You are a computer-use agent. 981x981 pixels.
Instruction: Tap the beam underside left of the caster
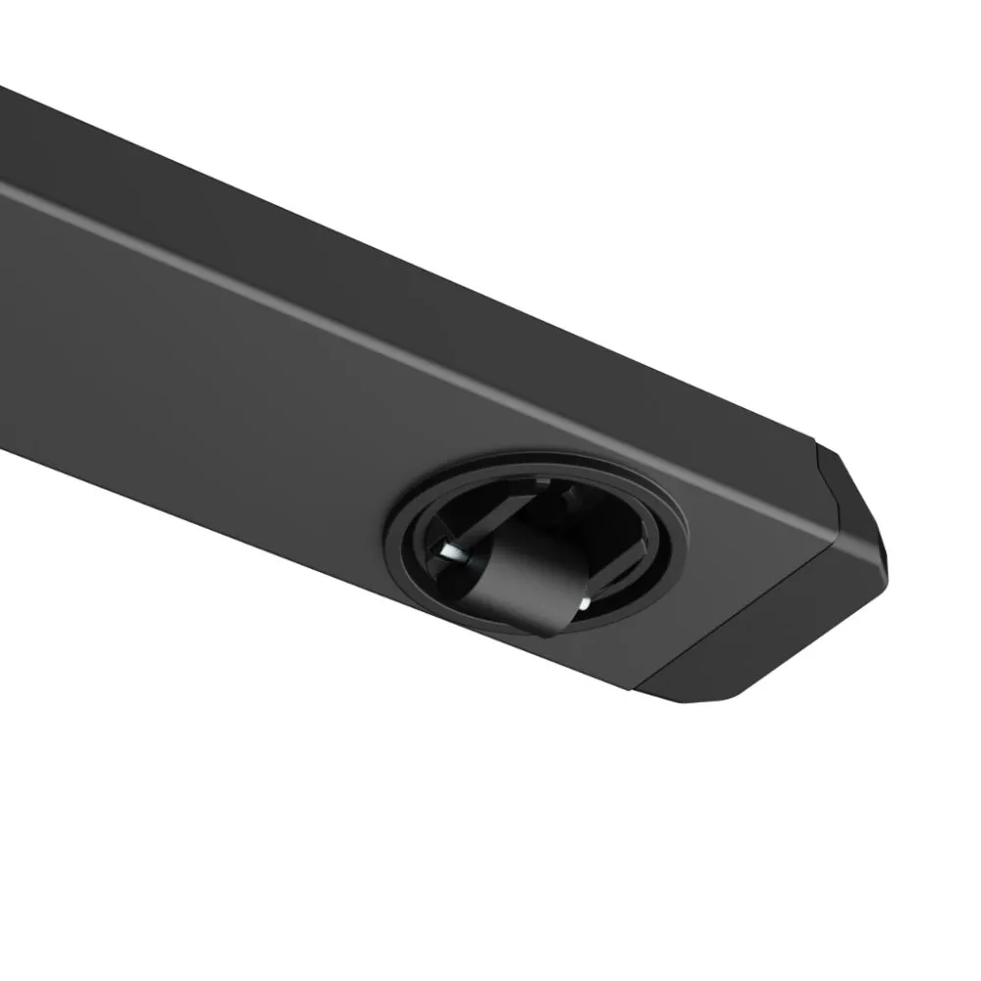[x=196, y=373]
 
